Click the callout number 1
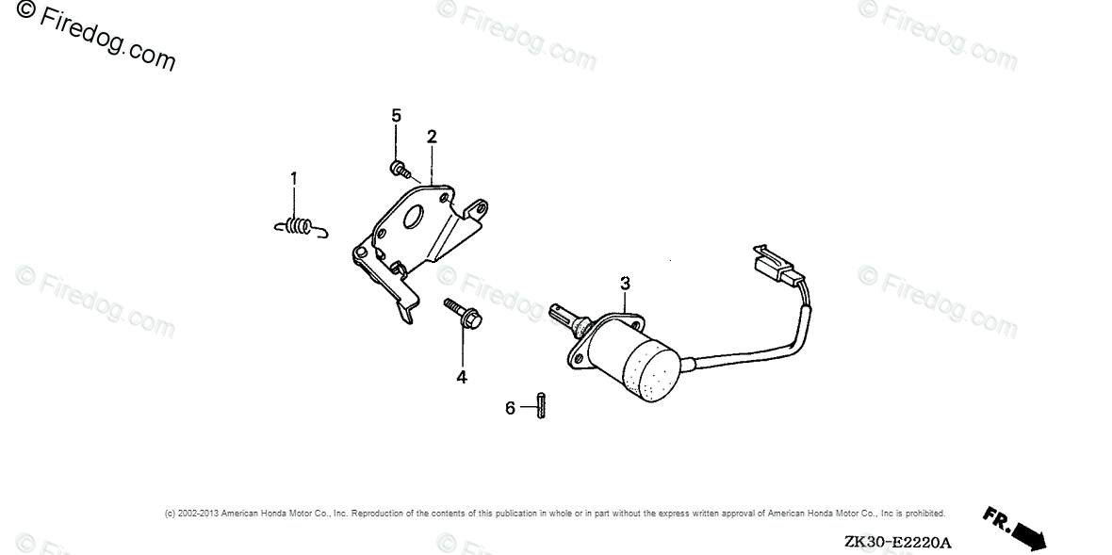293,177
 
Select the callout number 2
431,137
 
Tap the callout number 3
624,283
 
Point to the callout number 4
462,377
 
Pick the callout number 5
396,116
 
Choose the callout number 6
510,408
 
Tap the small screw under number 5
399,170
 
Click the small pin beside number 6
541,407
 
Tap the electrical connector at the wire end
774,266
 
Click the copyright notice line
555,514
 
